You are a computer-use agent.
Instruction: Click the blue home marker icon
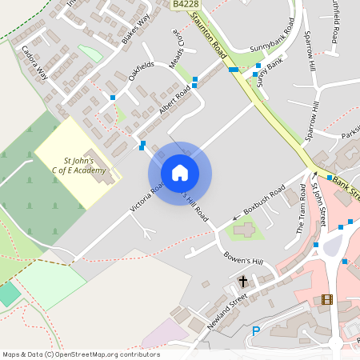pyautogui.click(x=180, y=173)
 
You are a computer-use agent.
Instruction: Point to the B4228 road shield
pyautogui.click(x=186, y=5)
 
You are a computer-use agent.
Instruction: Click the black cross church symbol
pyautogui.click(x=243, y=282)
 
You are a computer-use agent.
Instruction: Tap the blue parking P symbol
pyautogui.click(x=256, y=331)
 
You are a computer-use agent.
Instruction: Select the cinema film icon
pyautogui.click(x=326, y=300)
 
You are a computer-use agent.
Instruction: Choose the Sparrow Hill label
pyautogui.click(x=309, y=48)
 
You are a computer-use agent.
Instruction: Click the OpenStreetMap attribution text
pyautogui.click(x=81, y=354)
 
